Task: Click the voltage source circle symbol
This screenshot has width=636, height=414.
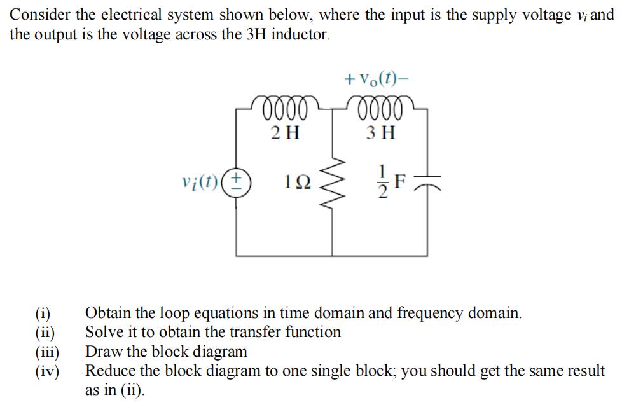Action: point(238,184)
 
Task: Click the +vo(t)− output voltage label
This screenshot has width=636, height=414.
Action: point(377,81)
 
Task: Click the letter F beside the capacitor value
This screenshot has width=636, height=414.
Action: point(399,183)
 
